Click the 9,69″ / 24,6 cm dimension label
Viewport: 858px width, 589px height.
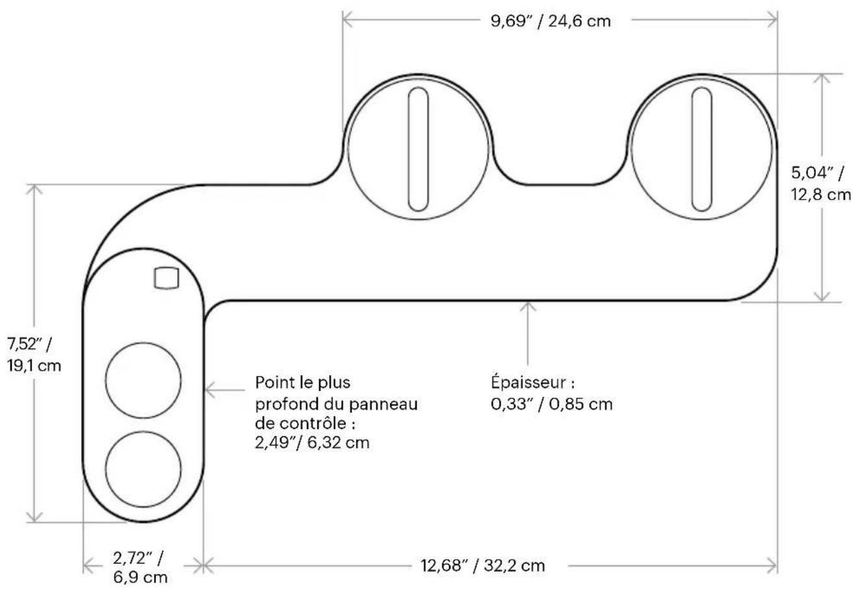(551, 21)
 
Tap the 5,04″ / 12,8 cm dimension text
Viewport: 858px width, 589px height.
(820, 184)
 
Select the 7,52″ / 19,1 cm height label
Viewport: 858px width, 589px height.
(34, 355)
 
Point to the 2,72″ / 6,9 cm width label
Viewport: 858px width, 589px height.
(140, 568)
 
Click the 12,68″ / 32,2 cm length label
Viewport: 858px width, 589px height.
(482, 566)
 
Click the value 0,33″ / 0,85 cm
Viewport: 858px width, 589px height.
(552, 404)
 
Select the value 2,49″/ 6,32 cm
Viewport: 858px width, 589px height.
(312, 443)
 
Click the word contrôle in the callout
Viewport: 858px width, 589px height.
(313, 423)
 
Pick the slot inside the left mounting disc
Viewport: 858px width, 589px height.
(418, 149)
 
